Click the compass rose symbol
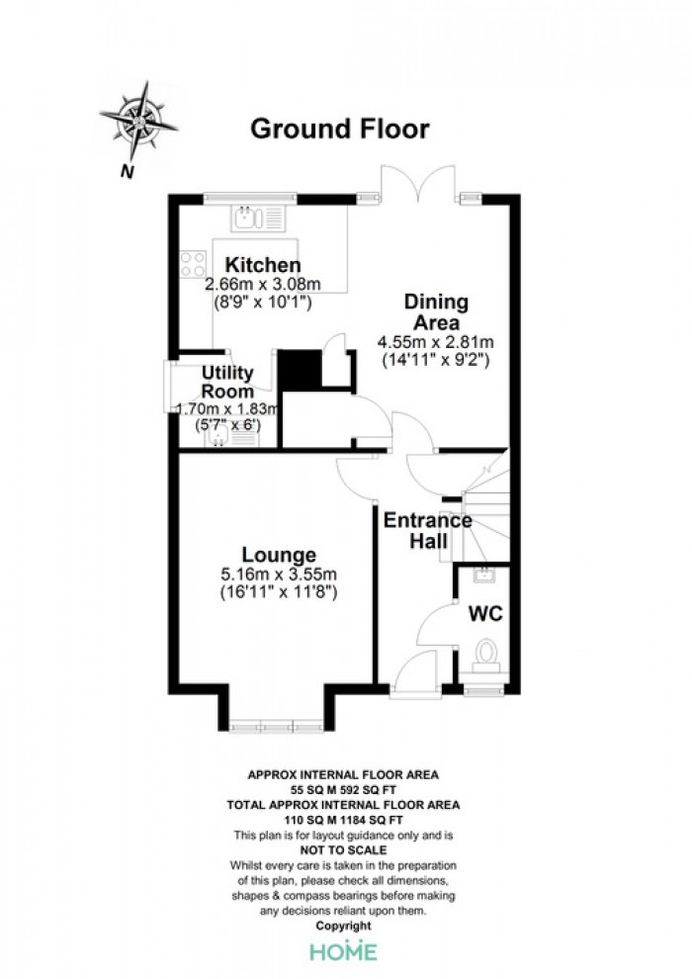[138, 120]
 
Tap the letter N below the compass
[128, 171]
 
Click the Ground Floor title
[340, 129]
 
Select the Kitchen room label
[263, 265]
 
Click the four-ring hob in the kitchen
[193, 263]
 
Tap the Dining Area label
[436, 311]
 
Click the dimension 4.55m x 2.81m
[436, 342]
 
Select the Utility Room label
[227, 382]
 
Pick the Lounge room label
[279, 555]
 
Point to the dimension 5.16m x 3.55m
[279, 574]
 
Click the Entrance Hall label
[427, 530]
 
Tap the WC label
[485, 614]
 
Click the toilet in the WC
[484, 657]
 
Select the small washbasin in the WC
[484, 575]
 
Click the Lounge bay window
[276, 727]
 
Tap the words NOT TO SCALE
[343, 849]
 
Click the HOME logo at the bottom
[344, 951]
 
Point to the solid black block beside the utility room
[299, 370]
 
